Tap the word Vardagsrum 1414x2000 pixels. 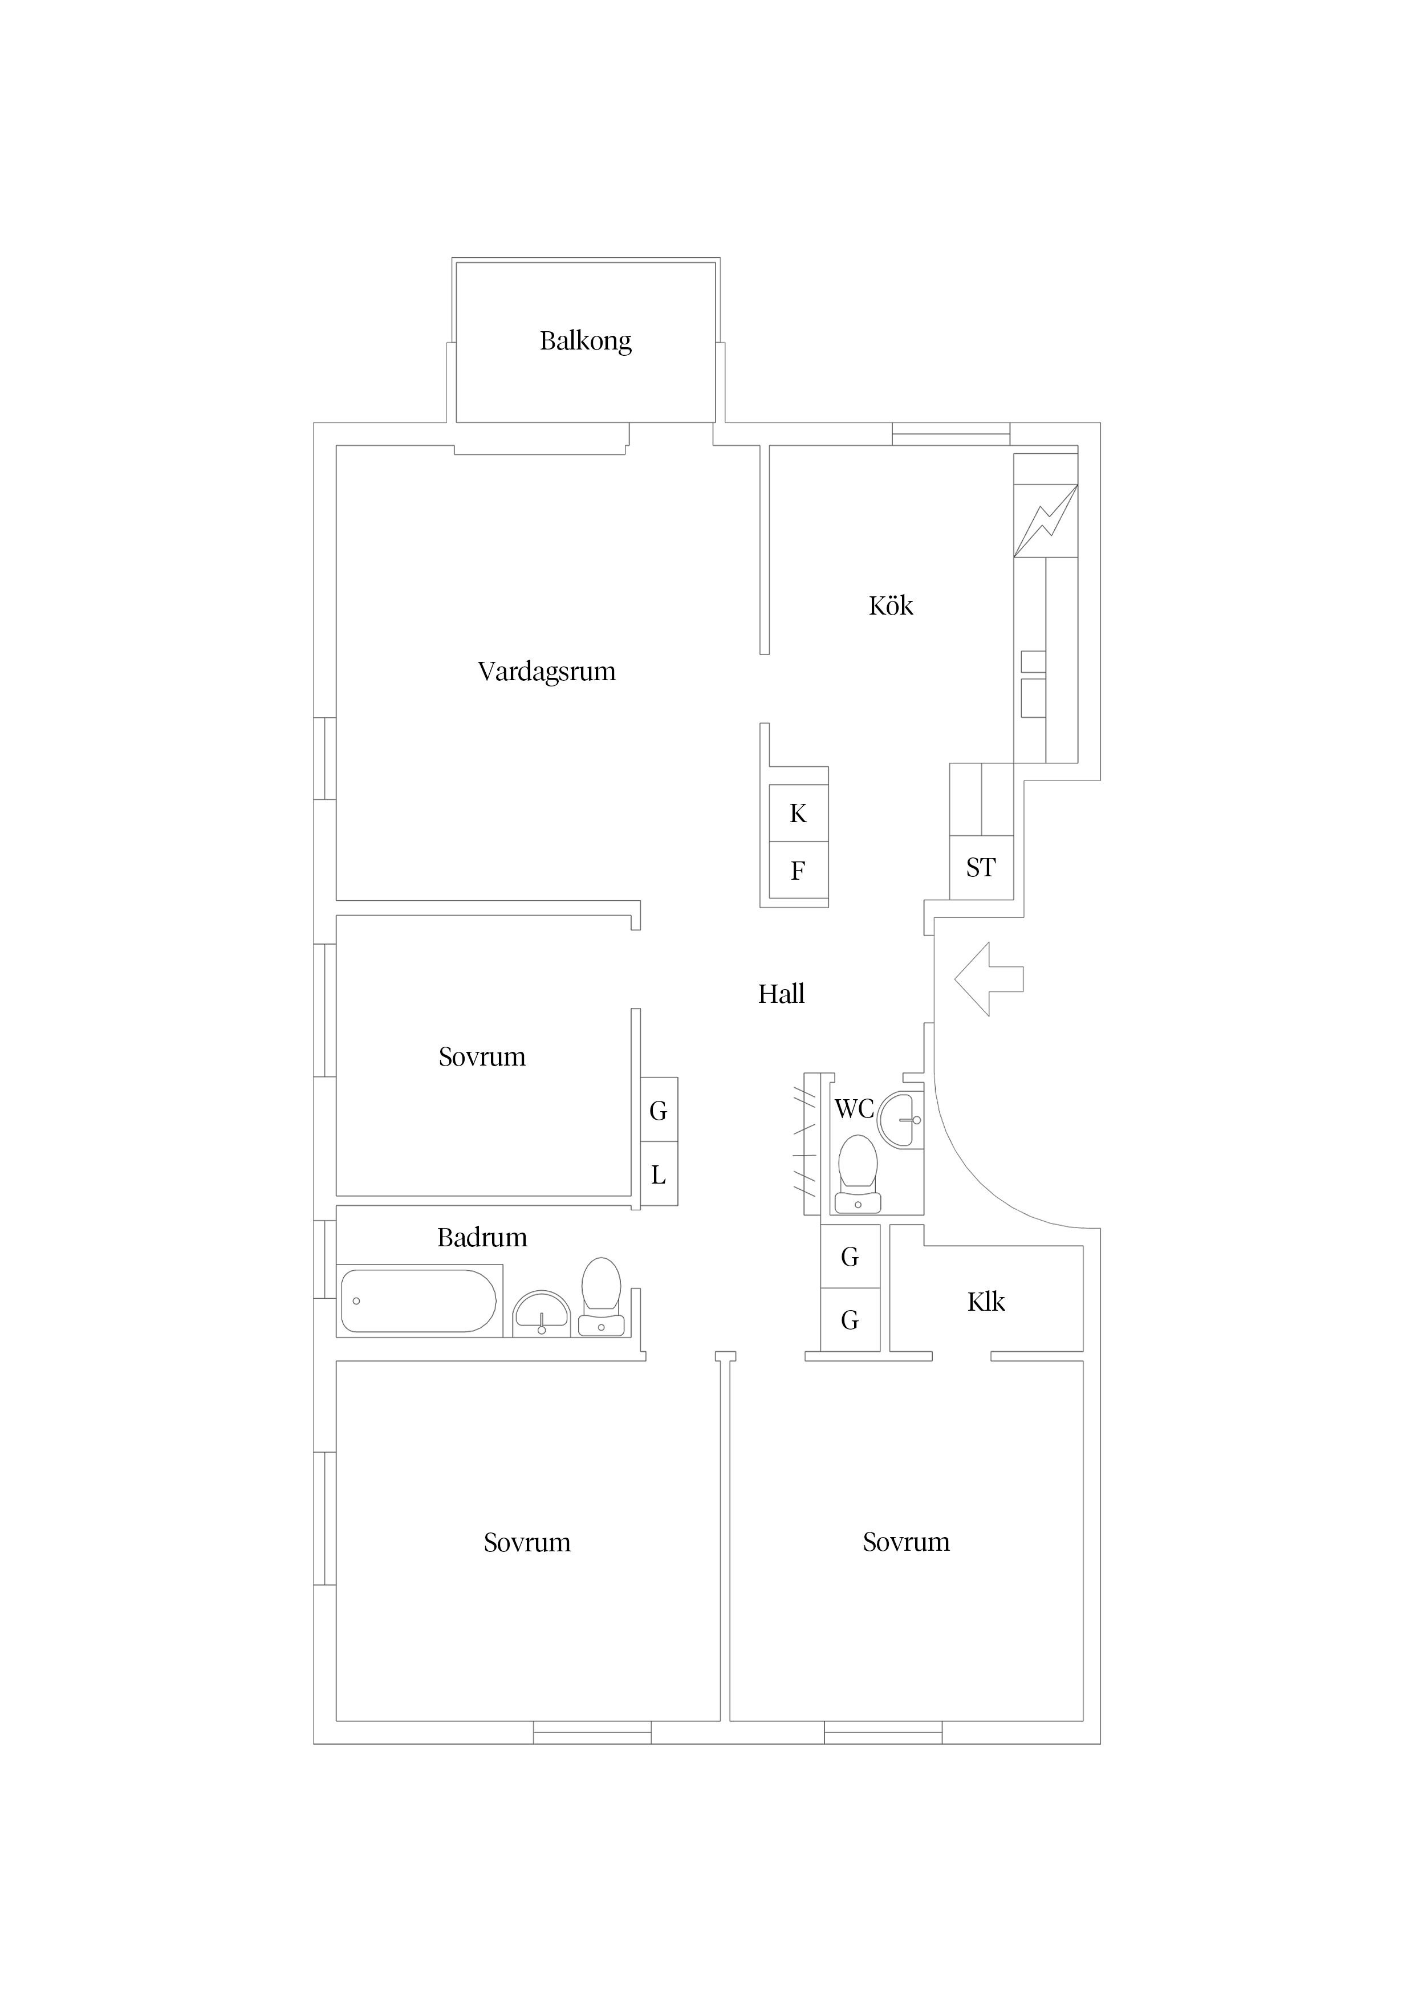pyautogui.click(x=546, y=672)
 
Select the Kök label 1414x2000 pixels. pyautogui.click(x=891, y=606)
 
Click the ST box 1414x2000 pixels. pyautogui.click(x=981, y=868)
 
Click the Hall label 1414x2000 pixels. pyautogui.click(x=781, y=994)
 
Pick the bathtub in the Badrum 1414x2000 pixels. pyautogui.click(x=418, y=1300)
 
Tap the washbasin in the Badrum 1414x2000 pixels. pyautogui.click(x=541, y=1313)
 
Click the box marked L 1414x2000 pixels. pyautogui.click(x=659, y=1175)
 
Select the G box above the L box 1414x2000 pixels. pyautogui.click(x=659, y=1111)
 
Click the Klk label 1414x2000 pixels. pyautogui.click(x=985, y=1302)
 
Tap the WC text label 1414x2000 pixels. pyautogui.click(x=854, y=1109)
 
